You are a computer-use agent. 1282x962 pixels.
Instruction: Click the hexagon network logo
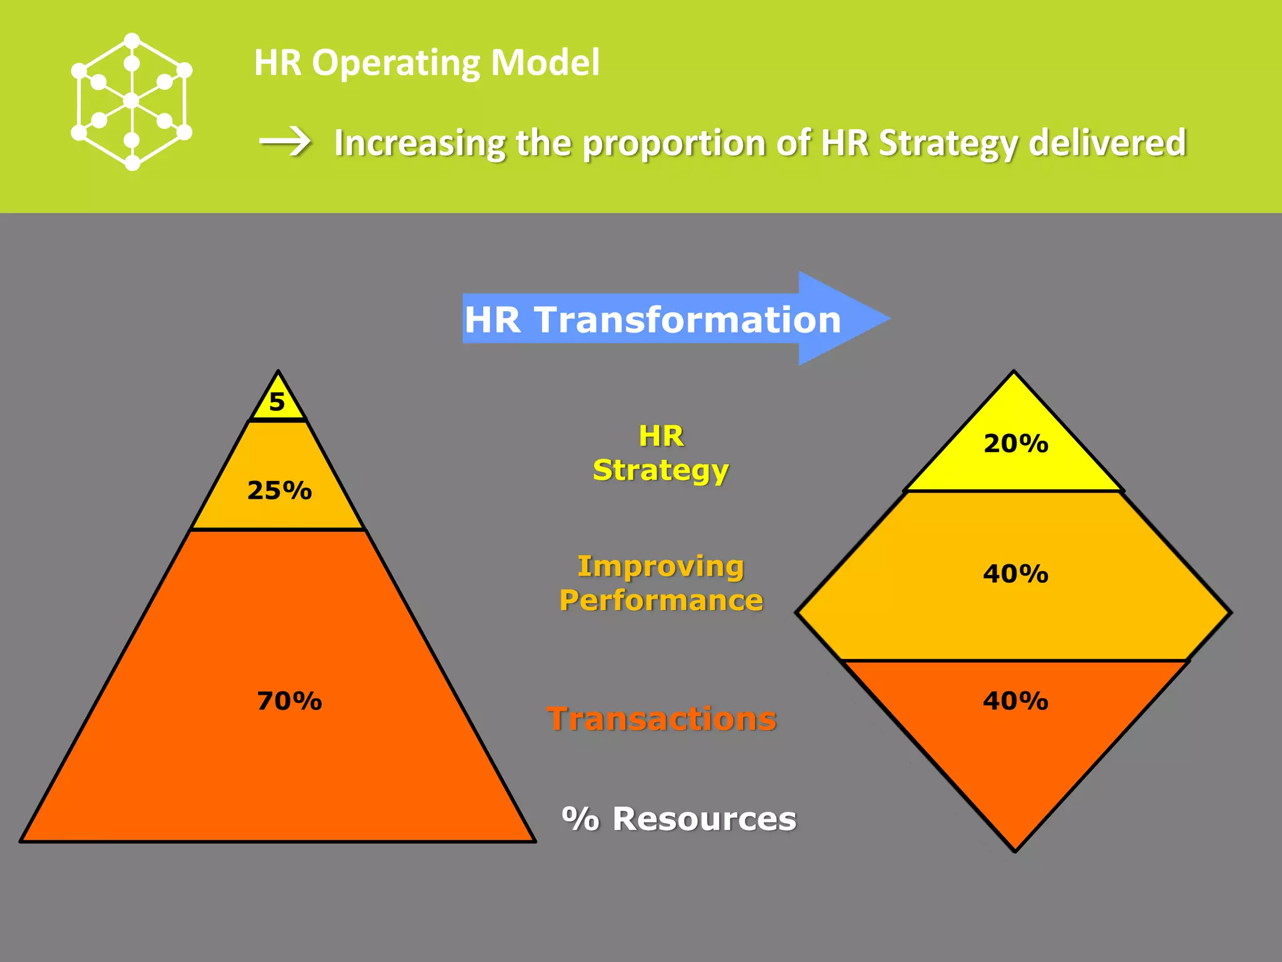(131, 101)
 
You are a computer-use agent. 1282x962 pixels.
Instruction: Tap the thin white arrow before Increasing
(285, 142)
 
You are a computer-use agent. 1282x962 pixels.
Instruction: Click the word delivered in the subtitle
(1107, 143)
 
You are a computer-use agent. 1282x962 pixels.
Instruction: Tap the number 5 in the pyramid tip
(277, 401)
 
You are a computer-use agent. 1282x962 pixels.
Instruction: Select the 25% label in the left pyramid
(279, 490)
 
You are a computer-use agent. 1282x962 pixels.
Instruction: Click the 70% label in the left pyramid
(289, 701)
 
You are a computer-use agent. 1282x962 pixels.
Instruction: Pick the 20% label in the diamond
(1015, 443)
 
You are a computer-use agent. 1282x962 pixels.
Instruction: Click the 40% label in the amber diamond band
(1015, 574)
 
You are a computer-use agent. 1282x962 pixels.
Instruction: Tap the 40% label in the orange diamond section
(1015, 701)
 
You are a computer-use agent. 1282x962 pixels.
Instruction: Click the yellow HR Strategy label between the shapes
(661, 453)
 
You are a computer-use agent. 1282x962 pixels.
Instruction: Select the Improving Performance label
(661, 583)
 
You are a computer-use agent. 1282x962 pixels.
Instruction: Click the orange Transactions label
(661, 718)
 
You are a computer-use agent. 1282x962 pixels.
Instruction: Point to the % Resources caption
(679, 819)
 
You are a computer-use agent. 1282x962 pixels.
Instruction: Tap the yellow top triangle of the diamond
(1014, 457)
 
